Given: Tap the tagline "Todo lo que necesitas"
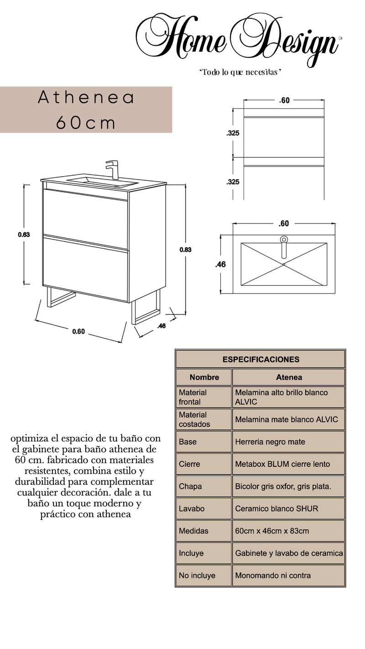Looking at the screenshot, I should [x=240, y=73].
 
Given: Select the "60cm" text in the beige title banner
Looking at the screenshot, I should [x=86, y=122].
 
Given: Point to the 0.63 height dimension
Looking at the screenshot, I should [x=24, y=235].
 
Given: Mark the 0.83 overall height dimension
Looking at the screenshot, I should [x=185, y=250].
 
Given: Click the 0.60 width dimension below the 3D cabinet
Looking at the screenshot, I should [x=78, y=332].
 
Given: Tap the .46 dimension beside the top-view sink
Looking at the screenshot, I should [x=220, y=264].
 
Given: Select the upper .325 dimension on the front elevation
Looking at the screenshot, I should [x=233, y=133].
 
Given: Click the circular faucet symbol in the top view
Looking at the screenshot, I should [x=284, y=239].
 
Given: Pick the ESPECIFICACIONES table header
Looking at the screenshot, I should [x=261, y=359].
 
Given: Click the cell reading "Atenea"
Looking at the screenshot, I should [x=288, y=377].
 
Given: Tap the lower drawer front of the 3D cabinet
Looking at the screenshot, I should [x=85, y=269].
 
